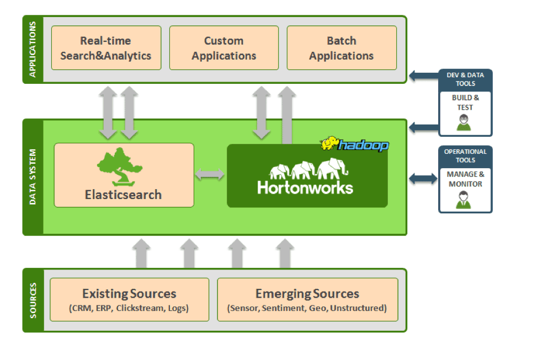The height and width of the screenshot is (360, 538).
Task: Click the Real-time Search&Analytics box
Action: (x=106, y=48)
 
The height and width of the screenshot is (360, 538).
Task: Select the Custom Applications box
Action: (x=223, y=48)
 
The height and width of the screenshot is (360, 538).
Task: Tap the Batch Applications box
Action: (x=342, y=48)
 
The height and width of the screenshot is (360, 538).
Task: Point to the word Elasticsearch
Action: (x=123, y=195)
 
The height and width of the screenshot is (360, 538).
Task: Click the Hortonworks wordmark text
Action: (x=305, y=187)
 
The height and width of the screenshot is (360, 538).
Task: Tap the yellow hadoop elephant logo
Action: (x=331, y=144)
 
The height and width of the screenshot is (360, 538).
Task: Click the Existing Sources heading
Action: (x=129, y=294)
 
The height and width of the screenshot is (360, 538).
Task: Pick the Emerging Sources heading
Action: (x=307, y=294)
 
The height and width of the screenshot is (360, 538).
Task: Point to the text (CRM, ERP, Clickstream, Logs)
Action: (x=129, y=308)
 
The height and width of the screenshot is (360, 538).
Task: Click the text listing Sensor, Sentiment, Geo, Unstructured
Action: (x=307, y=308)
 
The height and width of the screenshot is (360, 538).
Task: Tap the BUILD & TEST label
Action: (x=465, y=103)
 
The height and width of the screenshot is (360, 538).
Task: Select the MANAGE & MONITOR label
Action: (x=465, y=179)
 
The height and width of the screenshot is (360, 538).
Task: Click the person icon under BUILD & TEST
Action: (x=465, y=123)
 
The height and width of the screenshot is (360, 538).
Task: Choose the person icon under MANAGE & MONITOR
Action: (x=465, y=200)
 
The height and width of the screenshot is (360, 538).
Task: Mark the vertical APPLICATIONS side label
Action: (x=33, y=50)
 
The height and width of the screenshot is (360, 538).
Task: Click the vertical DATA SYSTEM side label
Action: (x=33, y=177)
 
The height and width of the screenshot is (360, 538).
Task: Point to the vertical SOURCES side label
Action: (x=33, y=300)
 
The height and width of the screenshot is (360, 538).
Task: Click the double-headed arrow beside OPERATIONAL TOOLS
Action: (x=423, y=178)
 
